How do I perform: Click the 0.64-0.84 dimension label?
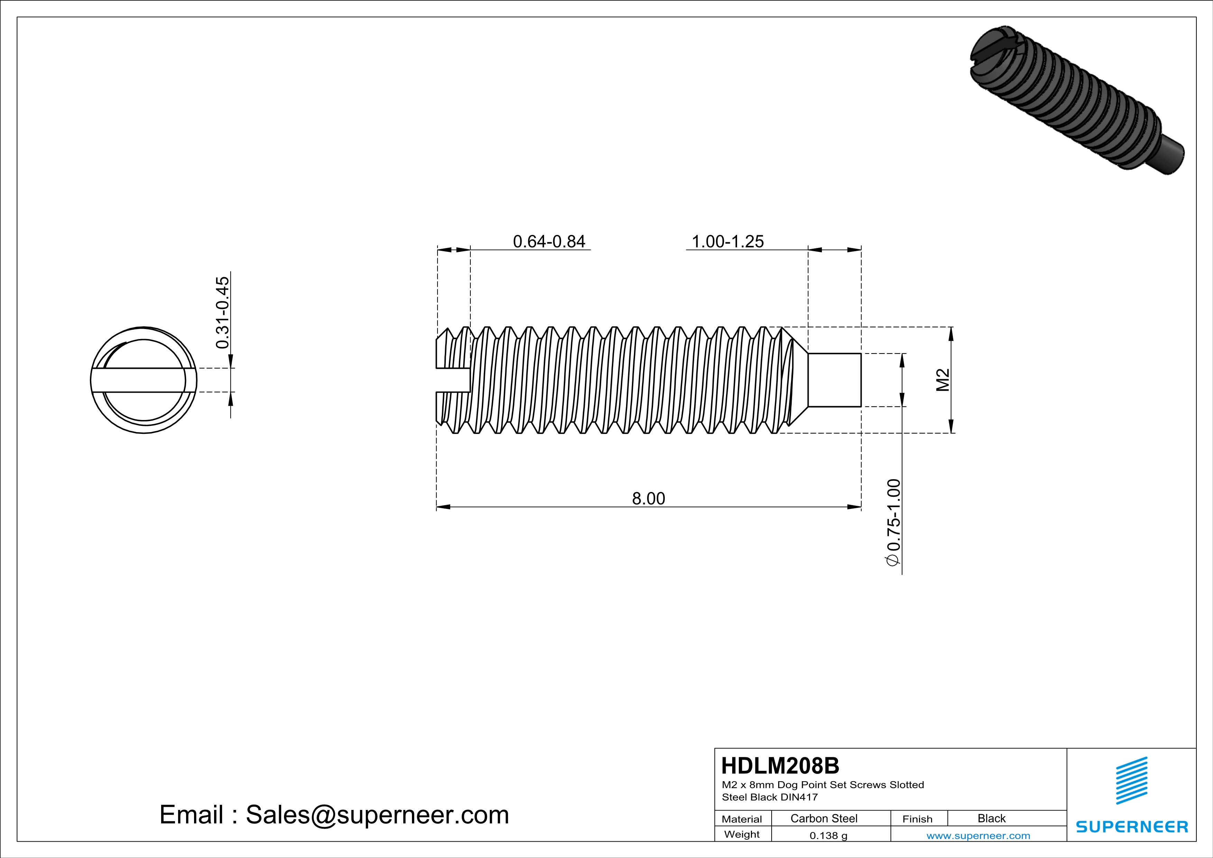point(549,241)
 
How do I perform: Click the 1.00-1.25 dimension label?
point(727,241)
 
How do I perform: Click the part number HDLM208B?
point(780,766)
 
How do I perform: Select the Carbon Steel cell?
point(824,818)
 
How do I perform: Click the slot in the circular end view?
point(140,381)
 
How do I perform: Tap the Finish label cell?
point(918,819)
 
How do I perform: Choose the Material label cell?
point(742,819)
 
